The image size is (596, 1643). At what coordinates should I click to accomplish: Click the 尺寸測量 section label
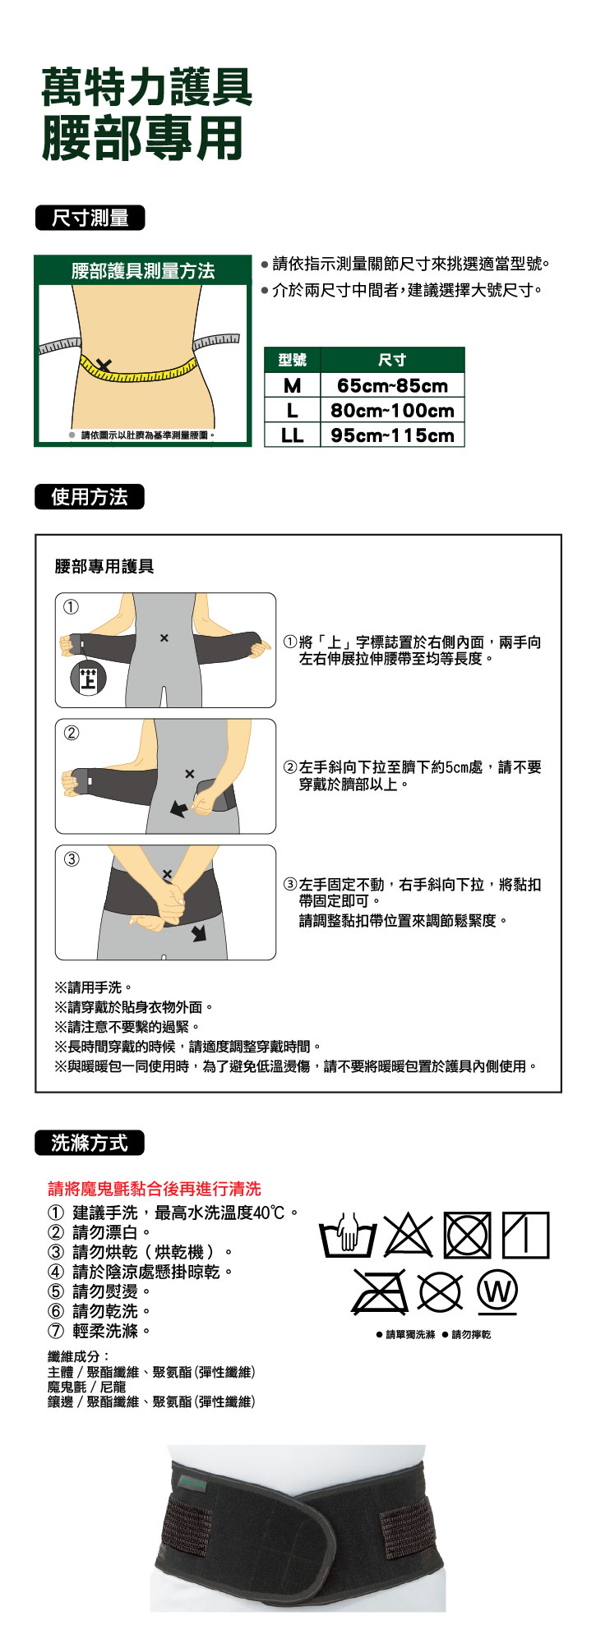(90, 218)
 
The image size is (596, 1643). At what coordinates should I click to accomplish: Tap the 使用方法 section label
(90, 497)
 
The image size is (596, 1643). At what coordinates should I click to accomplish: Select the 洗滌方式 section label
(90, 1143)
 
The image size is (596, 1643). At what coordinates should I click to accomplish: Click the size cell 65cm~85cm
(392, 385)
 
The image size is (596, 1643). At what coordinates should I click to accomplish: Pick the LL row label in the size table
(292, 435)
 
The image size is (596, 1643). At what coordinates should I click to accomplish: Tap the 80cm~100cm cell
(392, 410)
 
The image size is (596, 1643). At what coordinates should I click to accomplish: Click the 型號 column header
(292, 360)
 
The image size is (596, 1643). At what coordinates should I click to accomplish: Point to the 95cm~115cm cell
(392, 435)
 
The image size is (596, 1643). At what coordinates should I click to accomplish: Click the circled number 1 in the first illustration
(72, 607)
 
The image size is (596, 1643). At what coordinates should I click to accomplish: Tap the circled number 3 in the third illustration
(72, 859)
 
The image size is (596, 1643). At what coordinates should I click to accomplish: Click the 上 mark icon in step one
(87, 678)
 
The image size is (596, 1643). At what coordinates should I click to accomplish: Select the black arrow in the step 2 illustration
(178, 808)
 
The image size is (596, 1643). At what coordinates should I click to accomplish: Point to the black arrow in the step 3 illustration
(198, 932)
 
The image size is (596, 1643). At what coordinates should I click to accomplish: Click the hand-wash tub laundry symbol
(348, 1236)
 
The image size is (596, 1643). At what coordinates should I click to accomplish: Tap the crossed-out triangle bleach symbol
(409, 1235)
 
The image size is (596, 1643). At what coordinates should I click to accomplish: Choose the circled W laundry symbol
(497, 1292)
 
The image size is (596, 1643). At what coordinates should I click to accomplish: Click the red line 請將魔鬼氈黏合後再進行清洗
(155, 1189)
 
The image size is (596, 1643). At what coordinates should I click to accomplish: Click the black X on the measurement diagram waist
(104, 365)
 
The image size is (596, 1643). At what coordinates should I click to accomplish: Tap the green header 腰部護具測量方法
(143, 270)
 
